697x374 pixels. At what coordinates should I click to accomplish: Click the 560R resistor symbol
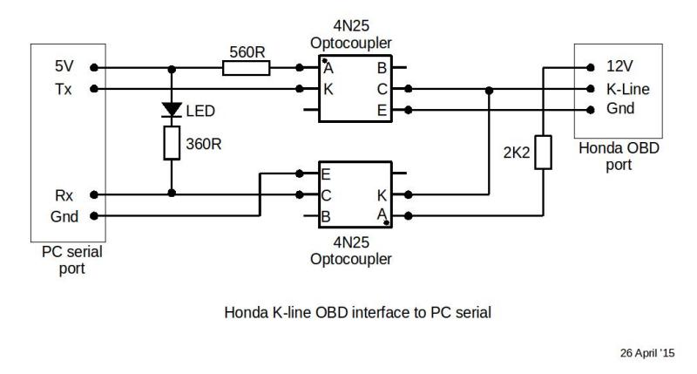pyautogui.click(x=246, y=68)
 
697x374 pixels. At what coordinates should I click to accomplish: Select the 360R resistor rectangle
pyautogui.click(x=172, y=143)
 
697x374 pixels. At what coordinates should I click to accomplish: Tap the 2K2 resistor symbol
pyautogui.click(x=543, y=152)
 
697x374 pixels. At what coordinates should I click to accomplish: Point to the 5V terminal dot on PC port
pyautogui.click(x=94, y=68)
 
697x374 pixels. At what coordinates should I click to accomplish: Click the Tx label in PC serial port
pyautogui.click(x=63, y=90)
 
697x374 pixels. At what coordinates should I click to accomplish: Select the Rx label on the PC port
pyautogui.click(x=64, y=195)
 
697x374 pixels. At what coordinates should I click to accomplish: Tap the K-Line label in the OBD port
pyautogui.click(x=627, y=89)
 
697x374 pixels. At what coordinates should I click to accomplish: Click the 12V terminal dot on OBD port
pyautogui.click(x=591, y=68)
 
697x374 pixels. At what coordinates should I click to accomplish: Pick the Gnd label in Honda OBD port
pyautogui.click(x=620, y=108)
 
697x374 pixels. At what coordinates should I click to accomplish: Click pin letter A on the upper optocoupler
pyautogui.click(x=328, y=69)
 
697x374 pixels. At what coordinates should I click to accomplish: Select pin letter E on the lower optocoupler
pyautogui.click(x=326, y=174)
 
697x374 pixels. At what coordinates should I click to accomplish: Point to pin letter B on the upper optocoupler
pyautogui.click(x=382, y=69)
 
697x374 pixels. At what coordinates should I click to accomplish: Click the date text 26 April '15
pyautogui.click(x=647, y=353)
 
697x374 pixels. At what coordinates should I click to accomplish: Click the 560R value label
pyautogui.click(x=247, y=52)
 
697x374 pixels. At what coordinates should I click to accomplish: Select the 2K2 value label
pyautogui.click(x=517, y=153)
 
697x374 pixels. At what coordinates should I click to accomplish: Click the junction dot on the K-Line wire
pyautogui.click(x=489, y=91)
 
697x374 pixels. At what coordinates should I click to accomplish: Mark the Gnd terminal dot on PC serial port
pyautogui.click(x=94, y=216)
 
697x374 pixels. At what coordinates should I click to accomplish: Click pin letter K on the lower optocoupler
pyautogui.click(x=382, y=195)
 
